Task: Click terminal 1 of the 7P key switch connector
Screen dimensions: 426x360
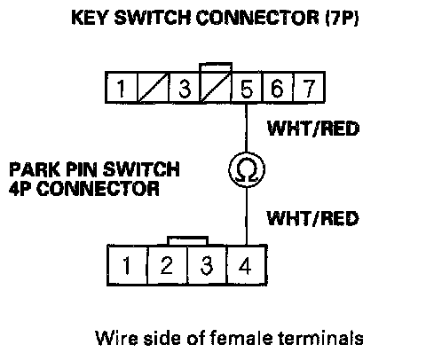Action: (x=122, y=88)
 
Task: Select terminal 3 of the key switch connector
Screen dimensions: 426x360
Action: (x=185, y=88)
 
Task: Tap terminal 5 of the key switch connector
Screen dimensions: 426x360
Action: (x=247, y=88)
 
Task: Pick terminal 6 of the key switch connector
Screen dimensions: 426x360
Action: (x=278, y=88)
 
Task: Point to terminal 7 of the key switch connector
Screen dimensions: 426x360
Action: (x=309, y=88)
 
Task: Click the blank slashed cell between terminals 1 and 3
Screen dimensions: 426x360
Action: (x=153, y=88)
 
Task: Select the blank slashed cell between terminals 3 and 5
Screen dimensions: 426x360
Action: (x=216, y=88)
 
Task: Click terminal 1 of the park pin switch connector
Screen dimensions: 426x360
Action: (x=127, y=265)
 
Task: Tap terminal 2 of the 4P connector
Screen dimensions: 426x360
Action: (x=167, y=265)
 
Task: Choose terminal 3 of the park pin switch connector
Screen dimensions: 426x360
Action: (x=207, y=265)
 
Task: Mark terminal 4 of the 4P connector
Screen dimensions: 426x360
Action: (x=247, y=265)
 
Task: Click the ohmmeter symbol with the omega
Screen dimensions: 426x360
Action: (x=247, y=170)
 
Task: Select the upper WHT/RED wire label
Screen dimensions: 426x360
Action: (x=313, y=129)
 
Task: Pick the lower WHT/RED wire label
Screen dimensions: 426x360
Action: (x=312, y=218)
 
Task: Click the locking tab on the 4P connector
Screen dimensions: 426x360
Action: (x=187, y=241)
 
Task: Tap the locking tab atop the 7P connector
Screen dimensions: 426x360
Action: (x=216, y=67)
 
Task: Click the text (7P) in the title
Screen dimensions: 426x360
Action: (x=342, y=18)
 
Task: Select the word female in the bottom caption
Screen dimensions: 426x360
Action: (x=241, y=338)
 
